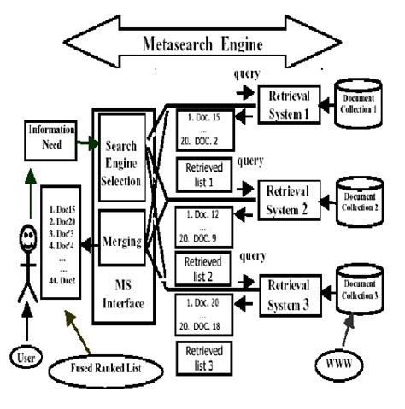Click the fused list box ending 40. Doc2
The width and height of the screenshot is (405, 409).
(64, 247)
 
